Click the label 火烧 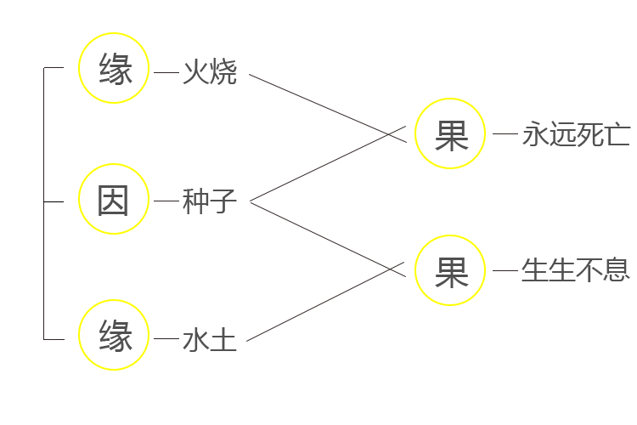[x=210, y=72]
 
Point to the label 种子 [x=210, y=201]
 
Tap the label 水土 [x=210, y=340]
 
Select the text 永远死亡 [x=576, y=134]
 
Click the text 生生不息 [x=576, y=270]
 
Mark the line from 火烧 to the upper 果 [x=328, y=108]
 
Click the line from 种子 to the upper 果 [x=328, y=163]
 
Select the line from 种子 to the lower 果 [x=328, y=239]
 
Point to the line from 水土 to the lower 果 [x=325, y=302]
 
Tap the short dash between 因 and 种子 [x=166, y=201]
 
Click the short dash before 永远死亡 [x=505, y=133]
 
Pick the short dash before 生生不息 [x=505, y=270]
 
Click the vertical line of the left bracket [x=44, y=203]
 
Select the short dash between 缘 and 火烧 [x=166, y=72]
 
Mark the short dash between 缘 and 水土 [x=166, y=338]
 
